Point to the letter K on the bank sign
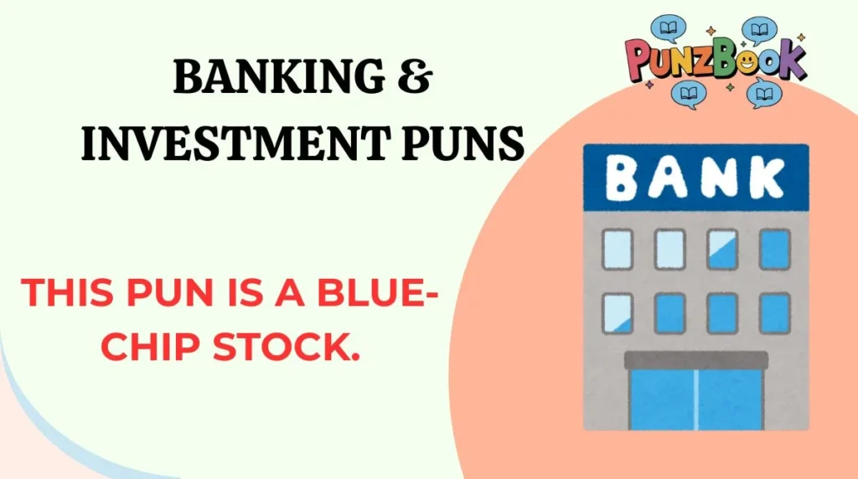[767, 178]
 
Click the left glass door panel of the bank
[663, 399]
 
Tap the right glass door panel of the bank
[731, 399]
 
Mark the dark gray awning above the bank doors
[696, 361]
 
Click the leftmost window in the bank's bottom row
[618, 312]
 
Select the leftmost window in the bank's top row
[618, 249]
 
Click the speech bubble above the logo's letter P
[669, 28]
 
